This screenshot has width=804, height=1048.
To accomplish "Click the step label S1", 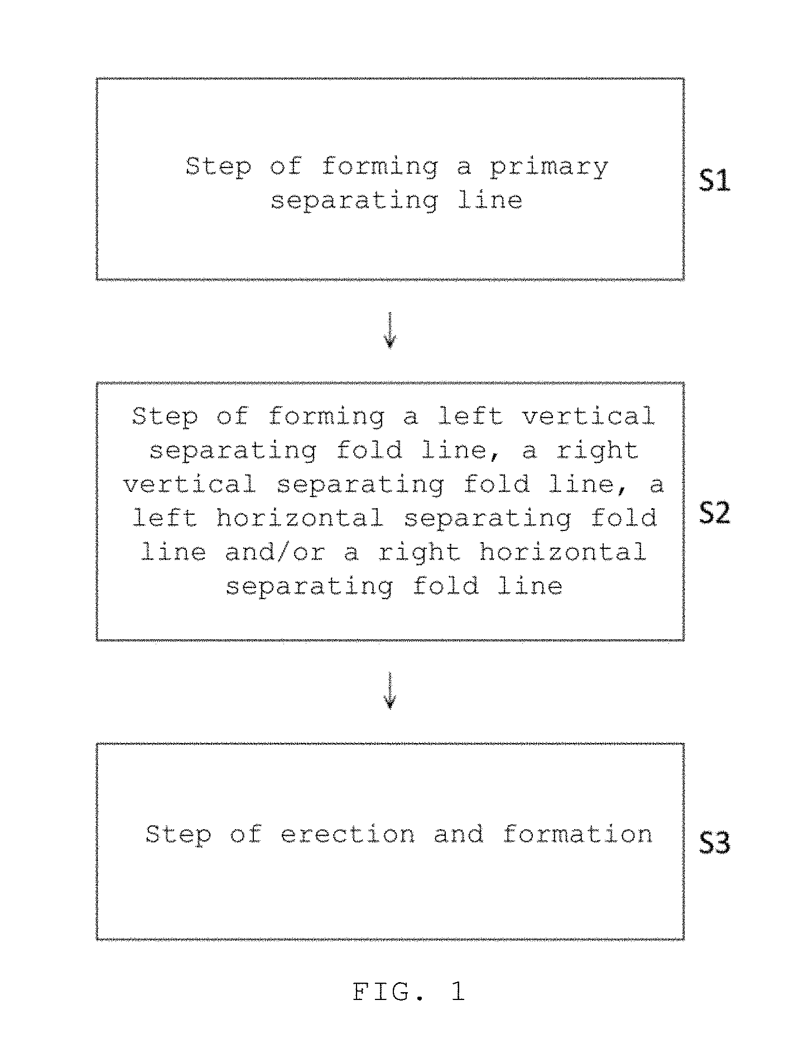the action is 715,181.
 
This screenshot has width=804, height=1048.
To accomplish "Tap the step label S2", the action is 715,513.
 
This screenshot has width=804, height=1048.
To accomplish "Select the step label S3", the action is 715,843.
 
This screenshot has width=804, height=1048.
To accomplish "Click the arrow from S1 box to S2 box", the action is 390,330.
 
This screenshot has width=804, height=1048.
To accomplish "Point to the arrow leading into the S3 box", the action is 390,690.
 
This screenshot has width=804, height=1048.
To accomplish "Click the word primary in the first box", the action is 549,168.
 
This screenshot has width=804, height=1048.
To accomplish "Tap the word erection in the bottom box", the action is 348,834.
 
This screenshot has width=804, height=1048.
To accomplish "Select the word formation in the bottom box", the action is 577,834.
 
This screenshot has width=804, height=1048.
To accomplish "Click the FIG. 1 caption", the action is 409,991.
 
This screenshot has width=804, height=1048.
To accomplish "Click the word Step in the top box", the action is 218,168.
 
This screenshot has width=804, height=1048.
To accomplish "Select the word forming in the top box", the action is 380,168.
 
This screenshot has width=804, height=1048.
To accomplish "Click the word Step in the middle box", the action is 165,417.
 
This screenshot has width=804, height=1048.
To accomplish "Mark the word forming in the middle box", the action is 326,417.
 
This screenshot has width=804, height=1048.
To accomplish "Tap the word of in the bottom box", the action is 245,834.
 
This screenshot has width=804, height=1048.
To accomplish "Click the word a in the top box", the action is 464,169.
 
